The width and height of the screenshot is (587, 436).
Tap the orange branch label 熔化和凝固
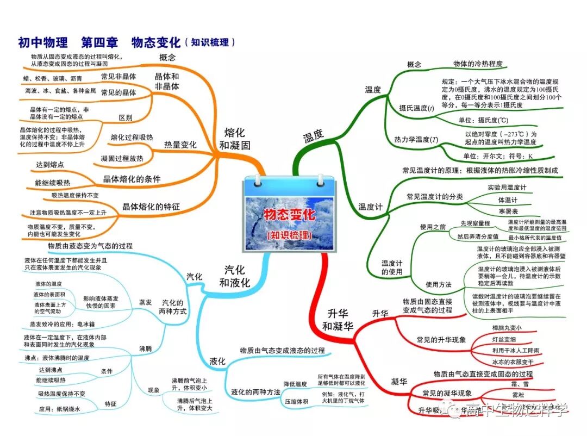point(235,139)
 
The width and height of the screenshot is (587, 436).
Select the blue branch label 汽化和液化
point(235,276)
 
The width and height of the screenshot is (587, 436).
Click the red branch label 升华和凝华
point(337,320)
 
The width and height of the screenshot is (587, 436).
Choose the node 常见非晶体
point(118,76)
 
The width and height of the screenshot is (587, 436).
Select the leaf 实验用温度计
point(507,188)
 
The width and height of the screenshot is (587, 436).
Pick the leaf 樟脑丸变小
point(507,328)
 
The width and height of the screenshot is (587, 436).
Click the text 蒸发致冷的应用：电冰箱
point(64,324)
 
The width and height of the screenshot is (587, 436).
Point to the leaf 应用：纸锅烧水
point(59,409)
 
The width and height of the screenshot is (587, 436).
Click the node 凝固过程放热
point(122,158)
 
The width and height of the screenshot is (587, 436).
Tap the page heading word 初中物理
point(43,42)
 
